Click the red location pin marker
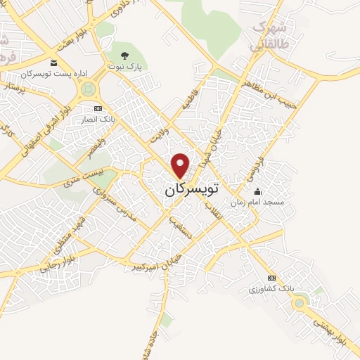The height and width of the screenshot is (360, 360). pyautogui.click(x=181, y=165)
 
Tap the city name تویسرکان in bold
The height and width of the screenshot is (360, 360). pyautogui.click(x=191, y=190)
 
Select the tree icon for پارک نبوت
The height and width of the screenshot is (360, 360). pyautogui.click(x=124, y=55)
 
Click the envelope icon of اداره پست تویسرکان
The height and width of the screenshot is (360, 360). pyautogui.click(x=53, y=63)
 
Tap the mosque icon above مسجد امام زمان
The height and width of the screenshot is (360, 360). pyautogui.click(x=257, y=191)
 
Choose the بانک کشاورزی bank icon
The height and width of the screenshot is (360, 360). pyautogui.click(x=271, y=278)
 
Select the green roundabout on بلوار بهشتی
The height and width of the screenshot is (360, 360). pyautogui.click(x=300, y=303)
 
